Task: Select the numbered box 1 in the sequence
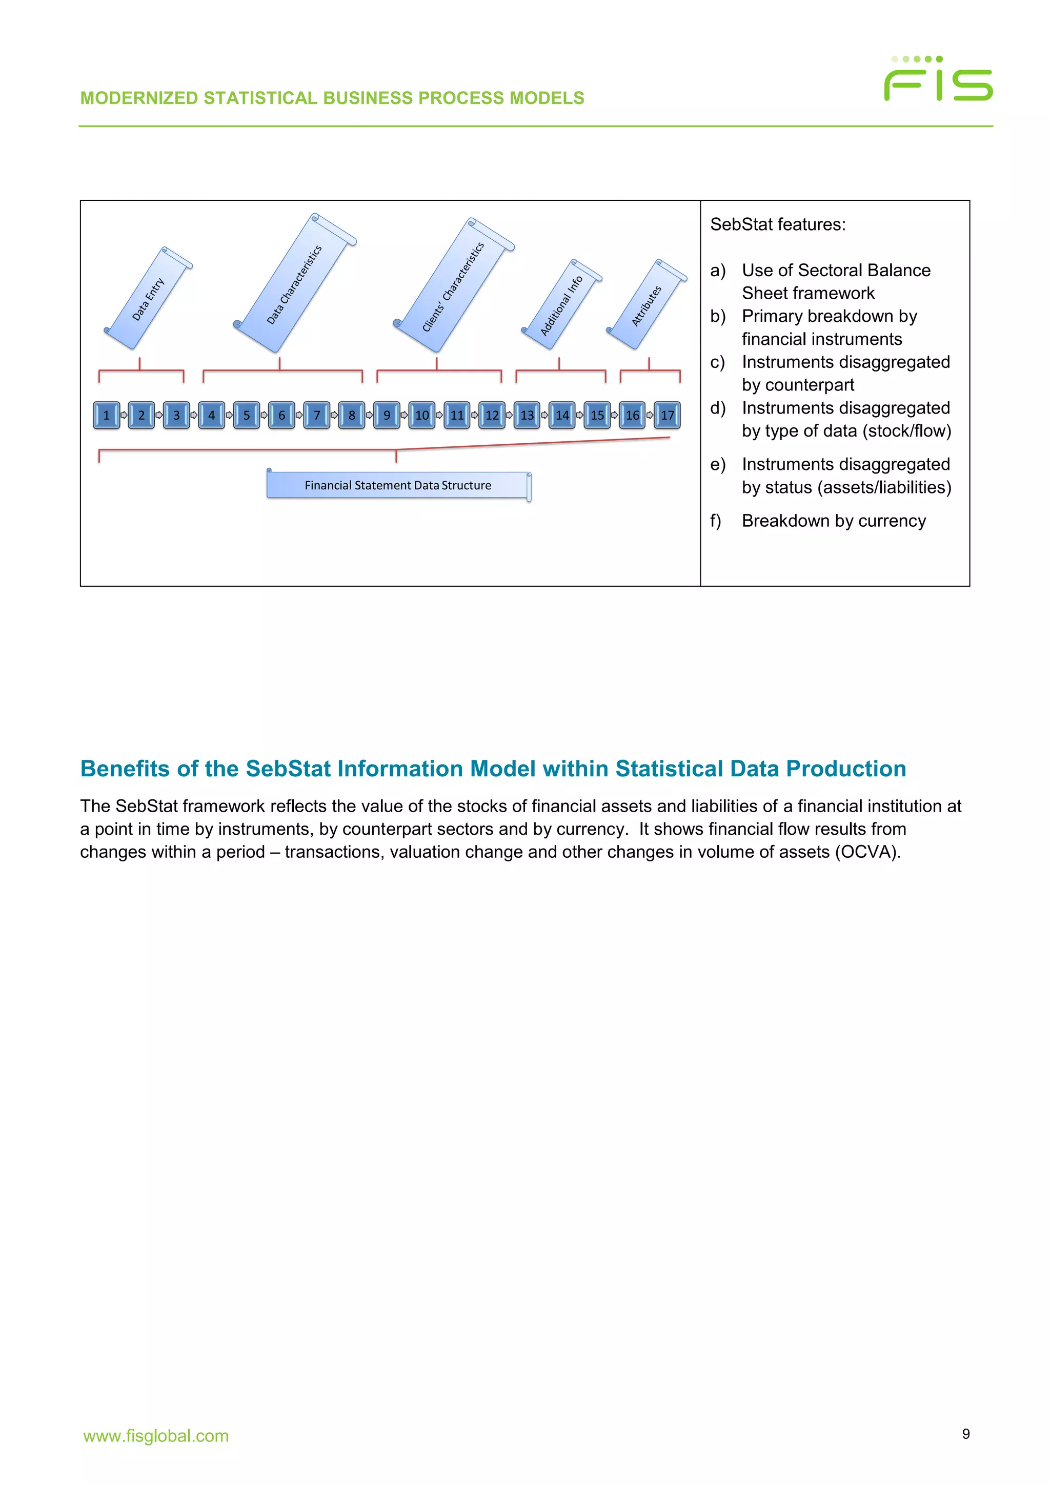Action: pyautogui.click(x=106, y=415)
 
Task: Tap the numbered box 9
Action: pyautogui.click(x=387, y=415)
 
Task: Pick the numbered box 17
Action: pyautogui.click(x=667, y=415)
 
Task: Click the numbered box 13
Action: pyautogui.click(x=527, y=415)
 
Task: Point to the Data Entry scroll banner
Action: pyautogui.click(x=148, y=299)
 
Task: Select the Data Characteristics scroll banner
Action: pyautogui.click(x=294, y=284)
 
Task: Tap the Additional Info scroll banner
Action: pyautogui.click(x=561, y=305)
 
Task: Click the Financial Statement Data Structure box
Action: pyautogui.click(x=398, y=486)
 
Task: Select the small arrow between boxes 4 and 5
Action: pyautogui.click(x=229, y=415)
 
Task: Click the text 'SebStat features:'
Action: pyautogui.click(x=778, y=224)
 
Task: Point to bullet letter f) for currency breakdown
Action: pyautogui.click(x=716, y=521)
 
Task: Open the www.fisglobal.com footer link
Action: pyautogui.click(x=156, y=1436)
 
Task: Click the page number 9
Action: pyautogui.click(x=965, y=1434)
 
